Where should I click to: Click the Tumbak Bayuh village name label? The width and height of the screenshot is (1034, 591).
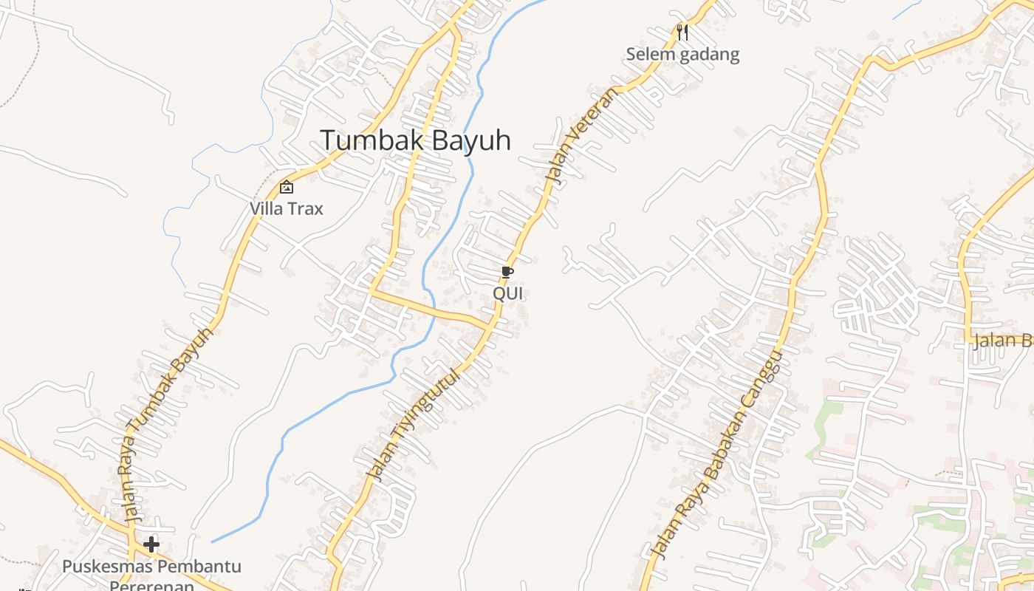(415, 140)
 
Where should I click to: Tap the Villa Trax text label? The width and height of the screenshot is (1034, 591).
(287, 208)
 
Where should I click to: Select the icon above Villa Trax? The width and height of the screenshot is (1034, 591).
(287, 187)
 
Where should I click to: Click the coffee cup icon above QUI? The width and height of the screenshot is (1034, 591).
(507, 273)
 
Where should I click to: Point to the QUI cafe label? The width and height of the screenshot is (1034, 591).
(507, 293)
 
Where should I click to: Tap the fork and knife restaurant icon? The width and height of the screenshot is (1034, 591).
(682, 32)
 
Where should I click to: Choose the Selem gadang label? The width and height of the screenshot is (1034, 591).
(682, 54)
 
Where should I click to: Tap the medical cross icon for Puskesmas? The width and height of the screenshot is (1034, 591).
(151, 544)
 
